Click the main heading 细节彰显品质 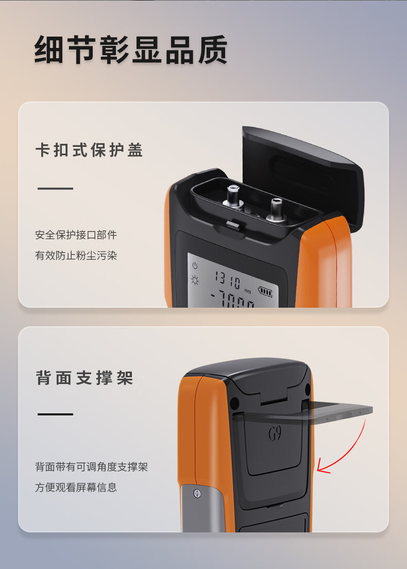point(131,50)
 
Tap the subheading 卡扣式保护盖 point(89,150)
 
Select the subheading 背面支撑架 point(84,378)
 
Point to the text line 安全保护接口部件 point(76,235)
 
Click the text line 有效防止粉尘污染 point(76,256)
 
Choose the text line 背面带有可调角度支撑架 point(91,466)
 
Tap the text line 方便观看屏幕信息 point(76,487)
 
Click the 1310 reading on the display point(228,280)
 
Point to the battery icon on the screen point(265,291)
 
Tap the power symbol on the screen point(195,265)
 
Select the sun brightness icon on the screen point(195,280)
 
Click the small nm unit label point(248,291)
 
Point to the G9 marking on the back point(275,433)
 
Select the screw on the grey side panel point(197,494)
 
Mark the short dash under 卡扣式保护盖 point(56,188)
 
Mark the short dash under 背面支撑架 point(56,414)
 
